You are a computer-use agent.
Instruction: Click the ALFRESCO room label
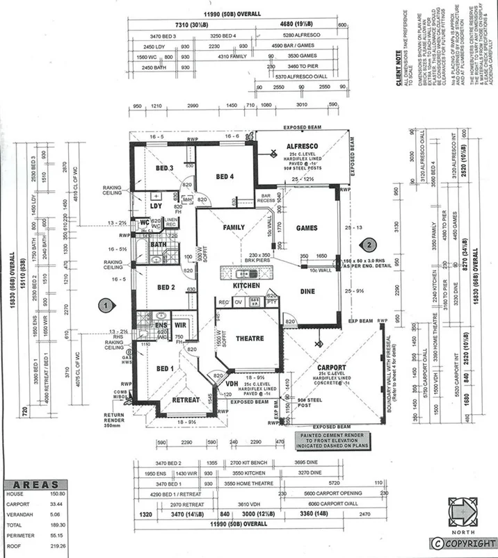302,146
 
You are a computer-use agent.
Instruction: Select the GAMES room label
307,228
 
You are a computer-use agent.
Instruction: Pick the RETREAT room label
186,400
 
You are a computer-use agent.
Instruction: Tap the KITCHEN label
247,286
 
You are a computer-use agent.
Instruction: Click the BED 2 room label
166,288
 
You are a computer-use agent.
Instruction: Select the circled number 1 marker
104,304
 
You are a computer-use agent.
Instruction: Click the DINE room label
309,293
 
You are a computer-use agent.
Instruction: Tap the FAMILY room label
234,227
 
